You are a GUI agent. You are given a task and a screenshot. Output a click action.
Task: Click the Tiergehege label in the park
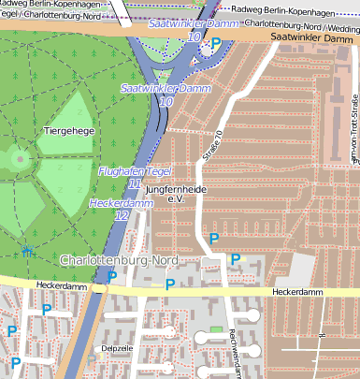pos(68,133)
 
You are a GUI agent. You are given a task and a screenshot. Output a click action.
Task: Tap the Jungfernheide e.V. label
pos(172,194)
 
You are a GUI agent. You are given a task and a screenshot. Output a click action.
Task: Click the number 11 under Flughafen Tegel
pos(135,184)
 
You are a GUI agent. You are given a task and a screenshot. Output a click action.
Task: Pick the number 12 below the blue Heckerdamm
pos(122,215)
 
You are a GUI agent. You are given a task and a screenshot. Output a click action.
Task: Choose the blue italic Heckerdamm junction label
pos(121,202)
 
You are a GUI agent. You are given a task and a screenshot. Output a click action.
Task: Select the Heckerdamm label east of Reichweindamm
pos(297,292)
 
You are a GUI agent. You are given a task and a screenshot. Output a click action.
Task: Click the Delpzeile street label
pos(117,347)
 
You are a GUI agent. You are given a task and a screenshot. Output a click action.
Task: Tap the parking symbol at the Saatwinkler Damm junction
pos(217,42)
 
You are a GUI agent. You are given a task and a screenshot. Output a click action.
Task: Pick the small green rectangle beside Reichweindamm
pos(217,329)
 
